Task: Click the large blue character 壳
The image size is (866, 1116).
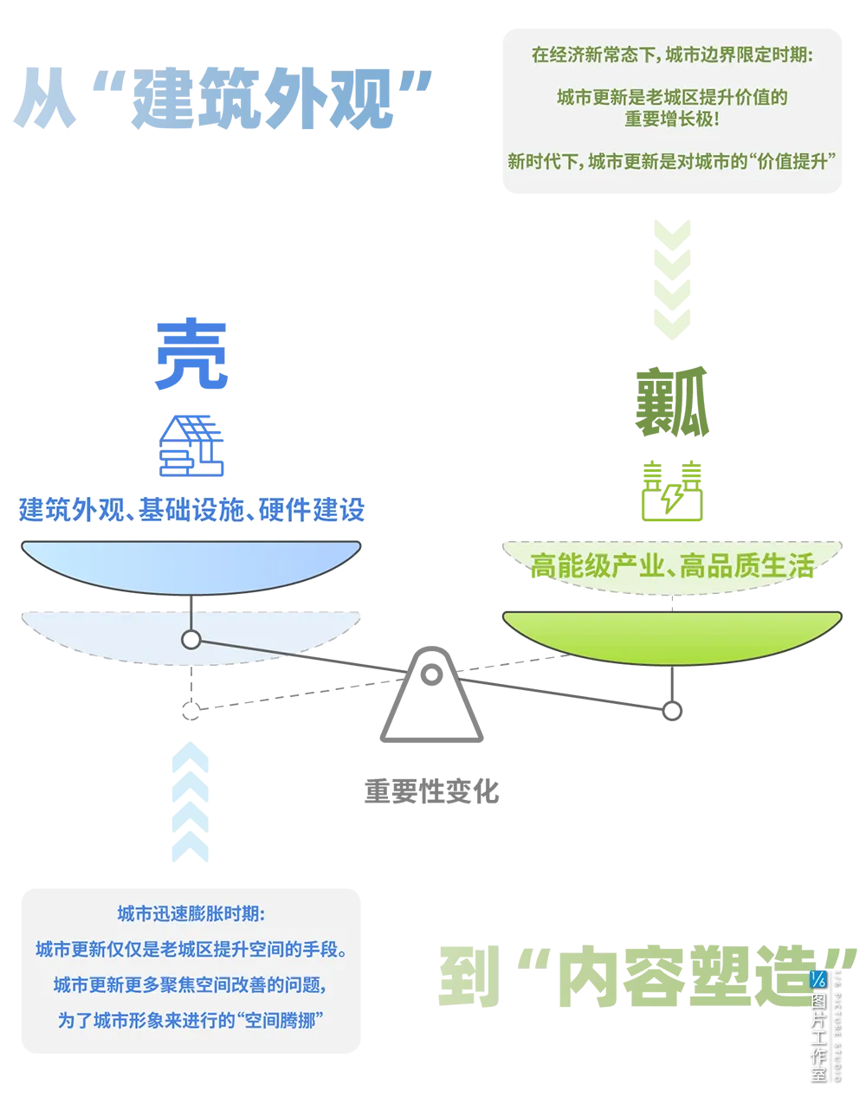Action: tap(191, 355)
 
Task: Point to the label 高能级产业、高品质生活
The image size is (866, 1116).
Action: tap(672, 567)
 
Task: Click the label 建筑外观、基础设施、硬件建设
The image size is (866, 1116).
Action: tap(192, 509)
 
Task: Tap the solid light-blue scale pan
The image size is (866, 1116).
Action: tap(191, 565)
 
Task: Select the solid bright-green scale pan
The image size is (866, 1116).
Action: tap(672, 636)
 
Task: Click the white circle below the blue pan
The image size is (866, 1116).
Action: tap(191, 640)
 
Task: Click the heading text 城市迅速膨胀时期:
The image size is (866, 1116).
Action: tap(193, 913)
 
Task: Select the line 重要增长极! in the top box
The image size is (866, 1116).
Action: tap(672, 119)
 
